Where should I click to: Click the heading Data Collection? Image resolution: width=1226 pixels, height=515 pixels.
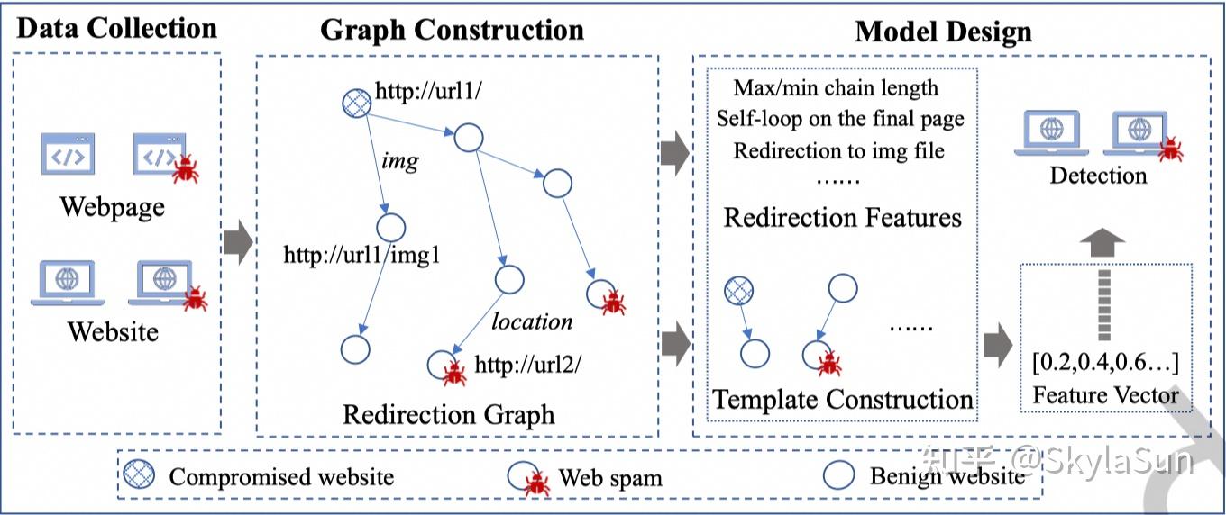click(117, 29)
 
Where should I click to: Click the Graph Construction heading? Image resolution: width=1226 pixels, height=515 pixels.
click(453, 30)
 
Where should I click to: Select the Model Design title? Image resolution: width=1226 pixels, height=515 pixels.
click(943, 32)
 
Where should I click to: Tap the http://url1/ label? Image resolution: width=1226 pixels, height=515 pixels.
click(428, 91)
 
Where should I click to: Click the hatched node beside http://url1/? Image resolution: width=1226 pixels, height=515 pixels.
click(356, 104)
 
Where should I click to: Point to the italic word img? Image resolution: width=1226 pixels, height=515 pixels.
click(399, 161)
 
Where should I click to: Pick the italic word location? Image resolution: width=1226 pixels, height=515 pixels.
click(532, 321)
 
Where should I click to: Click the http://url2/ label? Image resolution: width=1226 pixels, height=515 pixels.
click(527, 364)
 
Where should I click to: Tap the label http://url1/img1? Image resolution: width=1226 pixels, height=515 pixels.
click(361, 255)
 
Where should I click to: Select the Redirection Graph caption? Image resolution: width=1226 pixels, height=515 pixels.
click(448, 414)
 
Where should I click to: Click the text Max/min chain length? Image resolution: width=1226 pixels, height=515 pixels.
click(836, 87)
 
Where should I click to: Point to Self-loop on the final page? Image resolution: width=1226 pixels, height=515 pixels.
click(840, 119)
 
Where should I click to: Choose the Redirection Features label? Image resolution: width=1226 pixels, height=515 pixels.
click(842, 217)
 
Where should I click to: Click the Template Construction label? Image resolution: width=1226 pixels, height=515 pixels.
click(842, 399)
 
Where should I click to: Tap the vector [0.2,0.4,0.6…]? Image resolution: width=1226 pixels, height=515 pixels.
click(1105, 362)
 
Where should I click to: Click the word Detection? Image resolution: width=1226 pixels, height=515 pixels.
click(1098, 176)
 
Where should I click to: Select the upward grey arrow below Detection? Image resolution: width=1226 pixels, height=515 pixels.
click(1102, 242)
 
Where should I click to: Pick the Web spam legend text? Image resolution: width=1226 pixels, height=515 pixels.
click(610, 478)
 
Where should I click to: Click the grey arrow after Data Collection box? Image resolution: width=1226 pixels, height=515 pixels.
click(239, 242)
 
